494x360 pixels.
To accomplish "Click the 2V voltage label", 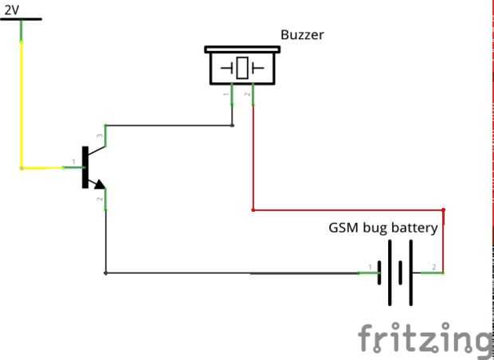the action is click(x=12, y=10).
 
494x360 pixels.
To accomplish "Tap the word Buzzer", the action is click(x=302, y=34).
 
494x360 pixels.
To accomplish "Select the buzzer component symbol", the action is click(x=242, y=65).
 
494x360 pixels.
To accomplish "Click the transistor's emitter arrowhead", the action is click(x=100, y=184).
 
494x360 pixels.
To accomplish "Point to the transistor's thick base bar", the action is click(x=85, y=167).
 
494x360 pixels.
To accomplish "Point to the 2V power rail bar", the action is click(x=21, y=19).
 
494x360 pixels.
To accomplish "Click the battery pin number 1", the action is click(x=370, y=268).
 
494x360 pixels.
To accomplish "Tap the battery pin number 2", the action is click(x=434, y=268).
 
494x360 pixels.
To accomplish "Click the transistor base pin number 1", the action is click(x=74, y=162).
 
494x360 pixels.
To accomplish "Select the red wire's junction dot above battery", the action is click(x=443, y=209).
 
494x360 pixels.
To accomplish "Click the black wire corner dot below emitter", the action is click(x=105, y=273).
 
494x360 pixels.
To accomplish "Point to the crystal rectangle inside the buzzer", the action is click(x=242, y=68).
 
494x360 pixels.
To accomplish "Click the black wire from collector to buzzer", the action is click(x=169, y=126).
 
